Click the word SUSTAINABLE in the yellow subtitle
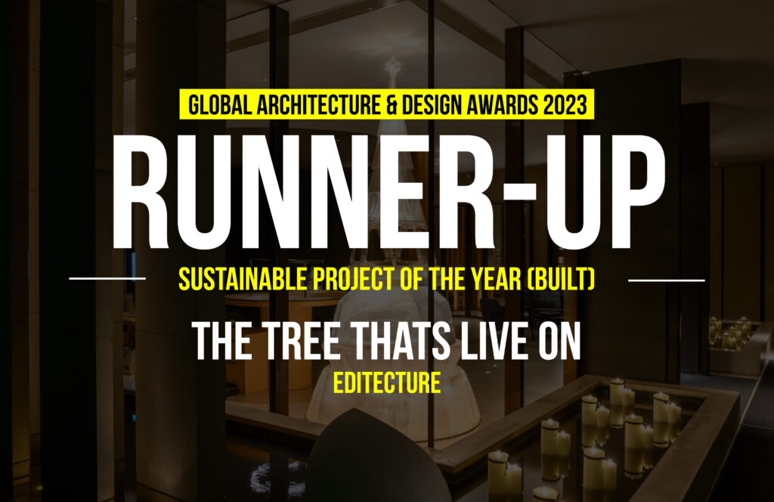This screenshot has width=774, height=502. pyautogui.click(x=243, y=280)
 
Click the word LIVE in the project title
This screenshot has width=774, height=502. pyautogui.click(x=494, y=341)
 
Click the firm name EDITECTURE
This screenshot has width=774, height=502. pyautogui.click(x=387, y=383)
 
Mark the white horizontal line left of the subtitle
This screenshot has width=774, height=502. pyautogui.click(x=107, y=278)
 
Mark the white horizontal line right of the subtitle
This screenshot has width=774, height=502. pyautogui.click(x=667, y=280)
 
